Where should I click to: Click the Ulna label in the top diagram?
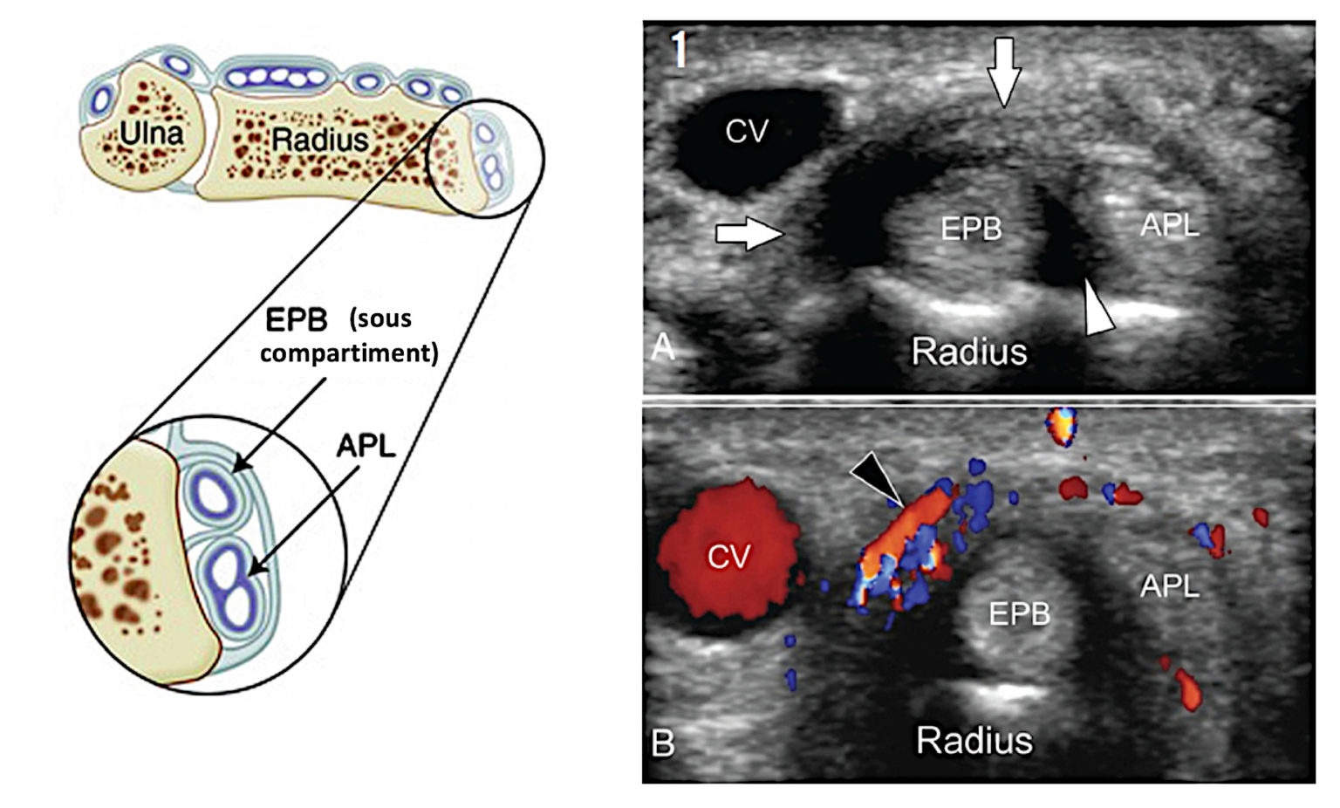click(x=151, y=133)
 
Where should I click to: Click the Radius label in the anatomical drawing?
click(x=319, y=139)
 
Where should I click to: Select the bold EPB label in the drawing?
click(x=297, y=320)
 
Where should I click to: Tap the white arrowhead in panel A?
click(x=1098, y=307)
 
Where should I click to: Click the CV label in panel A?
click(x=747, y=132)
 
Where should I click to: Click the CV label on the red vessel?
click(x=728, y=556)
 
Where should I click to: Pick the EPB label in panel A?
click(x=971, y=229)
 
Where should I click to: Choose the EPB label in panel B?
click(x=1019, y=614)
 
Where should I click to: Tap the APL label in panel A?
click(x=1170, y=225)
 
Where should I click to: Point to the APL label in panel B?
click(x=1170, y=586)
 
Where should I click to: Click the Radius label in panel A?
click(x=969, y=352)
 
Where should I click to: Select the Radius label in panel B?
click(x=974, y=741)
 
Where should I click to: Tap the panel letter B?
click(x=662, y=744)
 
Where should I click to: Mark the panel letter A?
click(x=663, y=348)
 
